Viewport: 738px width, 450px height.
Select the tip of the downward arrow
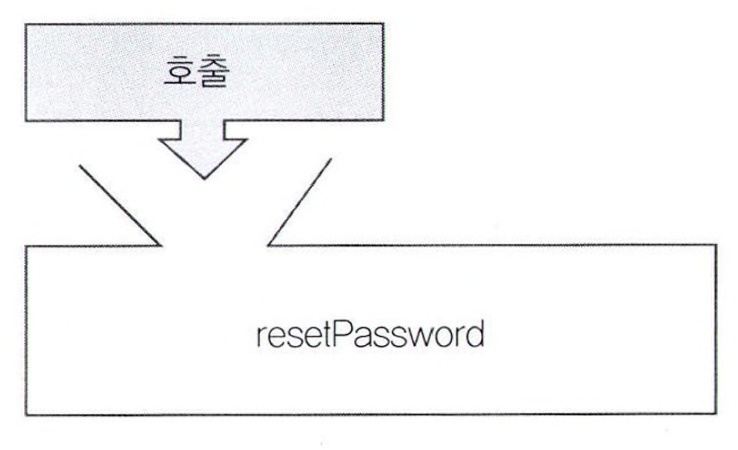(x=204, y=177)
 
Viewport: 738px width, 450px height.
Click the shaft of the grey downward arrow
(x=204, y=132)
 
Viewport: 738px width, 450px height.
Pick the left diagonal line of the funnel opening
(x=121, y=203)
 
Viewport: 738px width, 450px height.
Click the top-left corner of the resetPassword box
(x=28, y=246)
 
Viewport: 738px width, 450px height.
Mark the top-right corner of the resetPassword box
(x=714, y=245)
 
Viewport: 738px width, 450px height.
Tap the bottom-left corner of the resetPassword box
(x=28, y=413)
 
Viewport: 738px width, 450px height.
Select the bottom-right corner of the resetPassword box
(x=714, y=413)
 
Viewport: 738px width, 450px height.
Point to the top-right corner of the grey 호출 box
(x=383, y=24)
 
